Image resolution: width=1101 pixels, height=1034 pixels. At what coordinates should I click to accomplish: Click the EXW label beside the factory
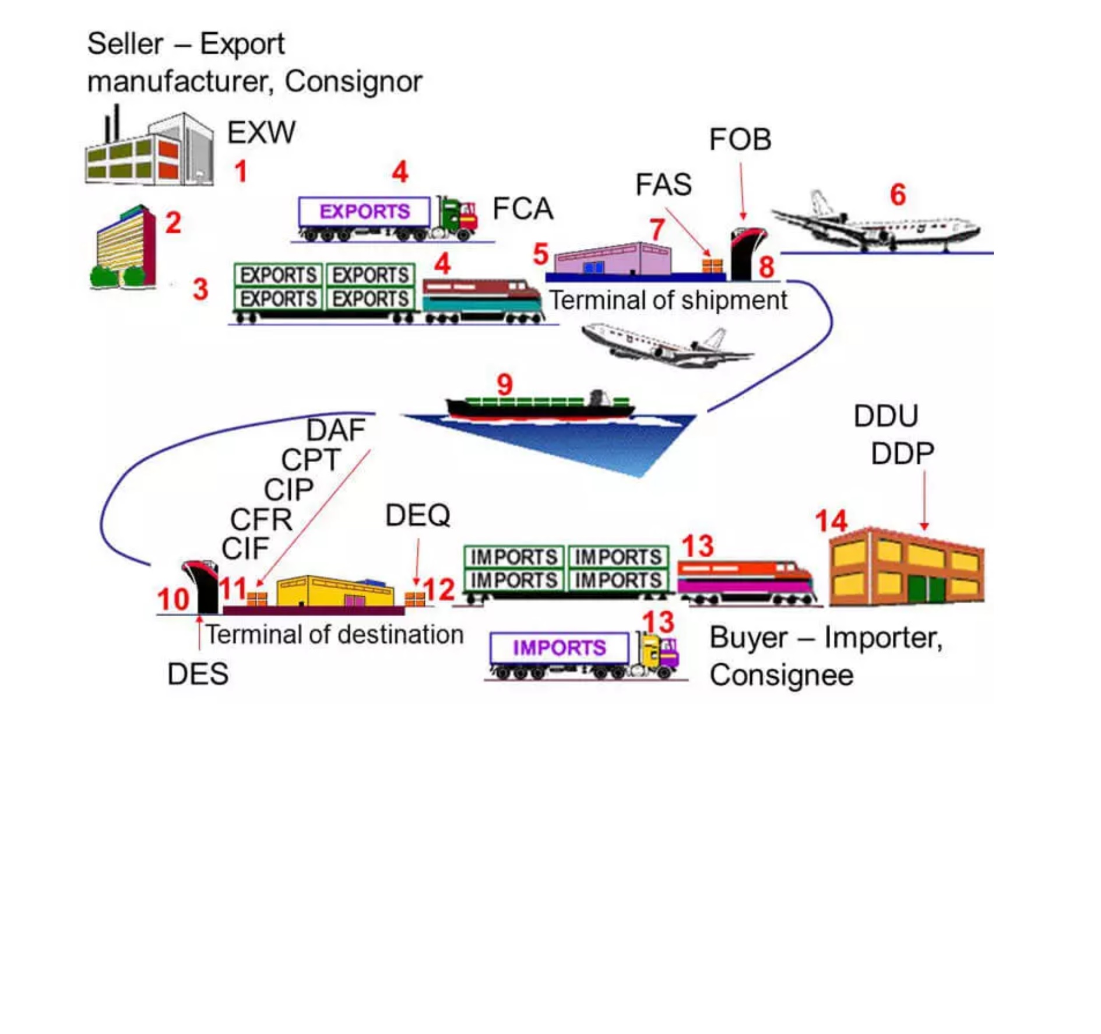261,132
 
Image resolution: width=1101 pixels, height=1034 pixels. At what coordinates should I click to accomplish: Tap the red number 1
241,171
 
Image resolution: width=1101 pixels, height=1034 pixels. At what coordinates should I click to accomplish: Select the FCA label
522,209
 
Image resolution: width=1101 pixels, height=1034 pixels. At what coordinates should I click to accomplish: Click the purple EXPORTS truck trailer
364,212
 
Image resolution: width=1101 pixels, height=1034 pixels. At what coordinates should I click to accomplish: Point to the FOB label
740,140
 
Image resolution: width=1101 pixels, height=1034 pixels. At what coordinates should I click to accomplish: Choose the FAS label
663,185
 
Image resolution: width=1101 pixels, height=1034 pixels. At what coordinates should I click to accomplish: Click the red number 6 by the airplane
898,195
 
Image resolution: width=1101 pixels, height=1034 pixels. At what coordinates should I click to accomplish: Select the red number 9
505,384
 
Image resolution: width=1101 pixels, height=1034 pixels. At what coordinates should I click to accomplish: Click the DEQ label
418,515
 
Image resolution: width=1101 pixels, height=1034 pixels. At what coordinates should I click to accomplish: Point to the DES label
198,674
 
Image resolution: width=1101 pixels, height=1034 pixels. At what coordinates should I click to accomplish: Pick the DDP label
903,453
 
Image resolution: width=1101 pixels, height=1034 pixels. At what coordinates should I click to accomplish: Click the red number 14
831,520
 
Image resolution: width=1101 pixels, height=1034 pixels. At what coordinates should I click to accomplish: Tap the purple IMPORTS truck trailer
560,648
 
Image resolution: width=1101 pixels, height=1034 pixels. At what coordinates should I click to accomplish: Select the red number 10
173,599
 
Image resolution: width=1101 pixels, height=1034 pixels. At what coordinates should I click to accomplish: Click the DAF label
336,430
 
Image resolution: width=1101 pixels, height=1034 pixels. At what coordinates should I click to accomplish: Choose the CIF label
245,548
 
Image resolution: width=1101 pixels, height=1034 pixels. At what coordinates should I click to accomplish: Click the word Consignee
782,675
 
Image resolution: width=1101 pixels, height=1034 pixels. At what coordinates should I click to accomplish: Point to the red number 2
173,223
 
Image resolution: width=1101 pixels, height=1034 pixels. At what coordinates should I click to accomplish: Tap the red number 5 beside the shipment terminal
541,254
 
